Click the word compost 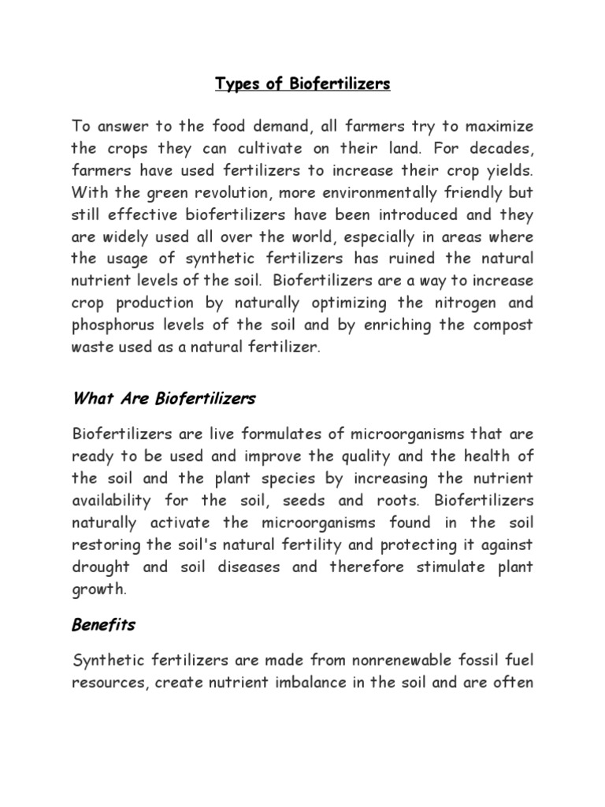click(x=499, y=325)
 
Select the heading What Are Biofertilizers click(x=164, y=399)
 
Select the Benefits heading click(x=104, y=625)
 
